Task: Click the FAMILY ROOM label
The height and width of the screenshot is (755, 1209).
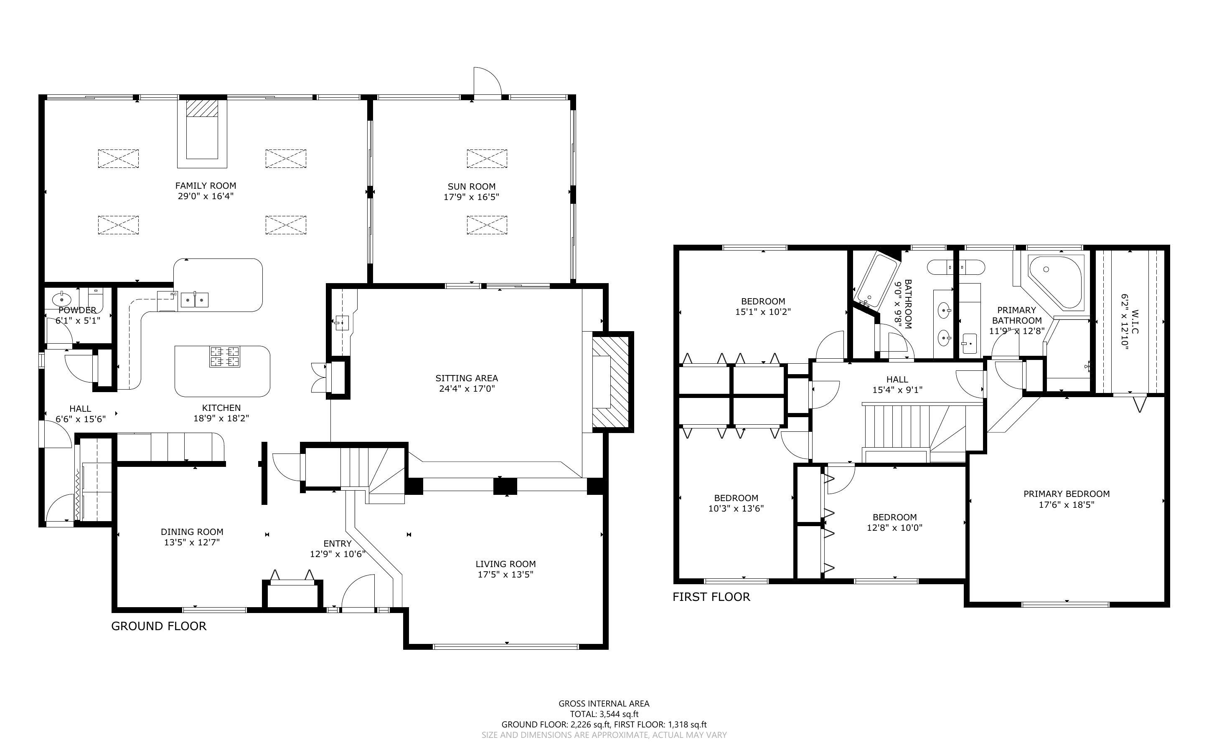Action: pyautogui.click(x=205, y=186)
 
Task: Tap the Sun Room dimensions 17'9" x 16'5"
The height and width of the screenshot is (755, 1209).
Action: pyautogui.click(x=471, y=197)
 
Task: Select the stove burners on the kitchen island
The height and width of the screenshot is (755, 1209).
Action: pyautogui.click(x=225, y=357)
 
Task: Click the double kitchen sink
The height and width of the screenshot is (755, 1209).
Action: pyautogui.click(x=195, y=299)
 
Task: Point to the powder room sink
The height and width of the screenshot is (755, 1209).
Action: pyautogui.click(x=62, y=300)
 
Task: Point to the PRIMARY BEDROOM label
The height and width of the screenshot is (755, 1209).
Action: pyautogui.click(x=1066, y=494)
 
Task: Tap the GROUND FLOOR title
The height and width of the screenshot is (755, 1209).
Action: pyautogui.click(x=158, y=626)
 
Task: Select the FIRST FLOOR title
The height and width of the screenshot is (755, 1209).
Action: pyautogui.click(x=711, y=597)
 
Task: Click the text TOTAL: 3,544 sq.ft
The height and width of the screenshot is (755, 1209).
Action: pyautogui.click(x=604, y=714)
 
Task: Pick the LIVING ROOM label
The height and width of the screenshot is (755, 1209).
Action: pyautogui.click(x=505, y=564)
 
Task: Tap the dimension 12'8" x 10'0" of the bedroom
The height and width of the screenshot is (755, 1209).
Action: pyautogui.click(x=894, y=528)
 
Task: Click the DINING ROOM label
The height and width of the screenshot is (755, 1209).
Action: pyautogui.click(x=192, y=532)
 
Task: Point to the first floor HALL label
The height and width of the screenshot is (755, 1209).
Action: pyautogui.click(x=897, y=380)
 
